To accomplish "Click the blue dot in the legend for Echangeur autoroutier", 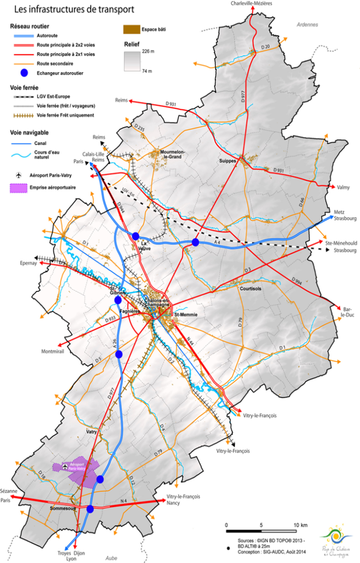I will (x=23, y=73).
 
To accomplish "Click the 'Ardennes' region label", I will (x=307, y=25).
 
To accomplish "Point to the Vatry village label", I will (x=92, y=433).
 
